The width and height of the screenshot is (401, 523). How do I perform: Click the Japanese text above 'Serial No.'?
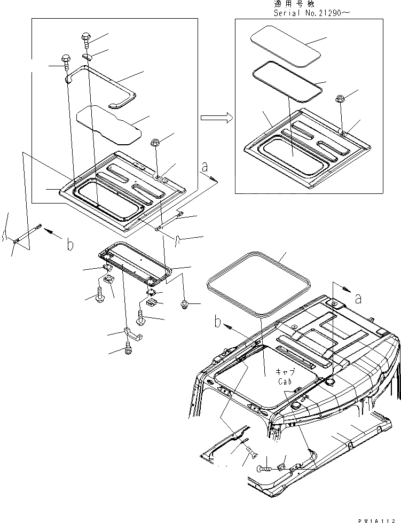click(x=289, y=4)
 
